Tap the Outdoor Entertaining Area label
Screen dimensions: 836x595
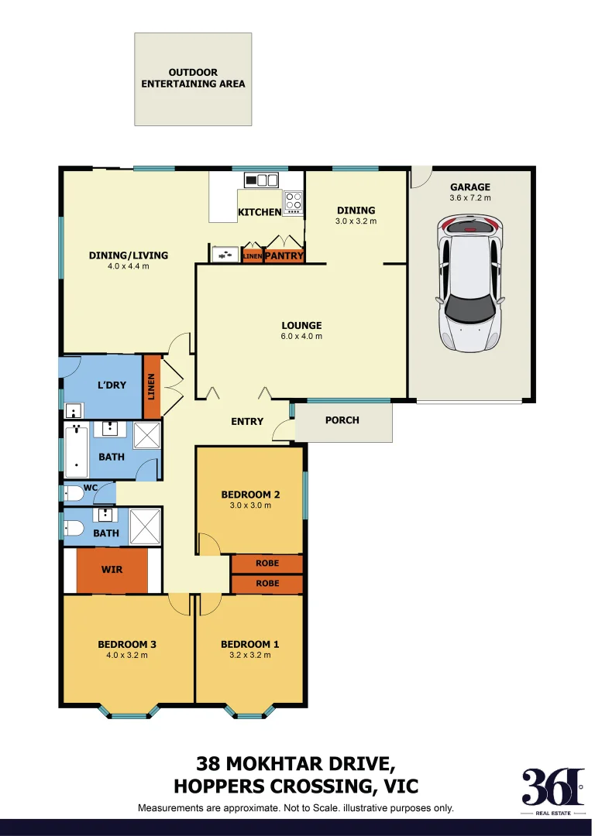pyautogui.click(x=193, y=78)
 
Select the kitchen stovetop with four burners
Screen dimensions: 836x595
pyautogui.click(x=293, y=201)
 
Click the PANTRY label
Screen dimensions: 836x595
pyautogui.click(x=284, y=255)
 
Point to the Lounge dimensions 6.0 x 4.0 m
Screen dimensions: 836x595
pyautogui.click(x=301, y=337)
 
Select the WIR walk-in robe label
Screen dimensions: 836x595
pyautogui.click(x=112, y=570)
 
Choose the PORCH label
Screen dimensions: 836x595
pyautogui.click(x=342, y=420)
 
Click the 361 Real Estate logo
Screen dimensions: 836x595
pyautogui.click(x=551, y=790)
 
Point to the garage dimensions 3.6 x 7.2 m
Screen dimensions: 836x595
pyautogui.click(x=470, y=198)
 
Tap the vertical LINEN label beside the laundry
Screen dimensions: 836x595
pyautogui.click(x=152, y=386)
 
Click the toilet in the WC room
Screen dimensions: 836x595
pyautogui.click(x=74, y=493)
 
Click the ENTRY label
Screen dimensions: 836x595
pyautogui.click(x=247, y=422)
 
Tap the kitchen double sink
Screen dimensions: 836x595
pyautogui.click(x=261, y=180)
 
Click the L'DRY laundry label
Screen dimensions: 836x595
pyautogui.click(x=112, y=385)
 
